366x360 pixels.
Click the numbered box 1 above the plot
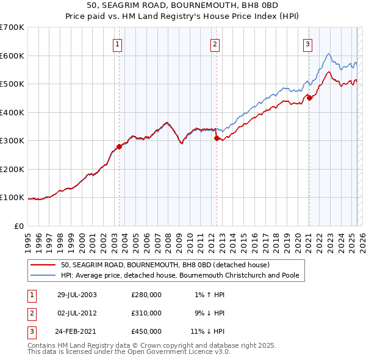117,43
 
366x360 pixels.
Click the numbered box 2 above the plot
215,43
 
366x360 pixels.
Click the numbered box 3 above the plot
308,43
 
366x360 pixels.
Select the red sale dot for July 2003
119,146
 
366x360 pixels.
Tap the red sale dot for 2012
217,138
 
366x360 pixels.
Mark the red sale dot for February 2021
309,98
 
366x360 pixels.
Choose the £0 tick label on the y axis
18,226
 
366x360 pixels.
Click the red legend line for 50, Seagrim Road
43,265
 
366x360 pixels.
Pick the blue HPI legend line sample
43,275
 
